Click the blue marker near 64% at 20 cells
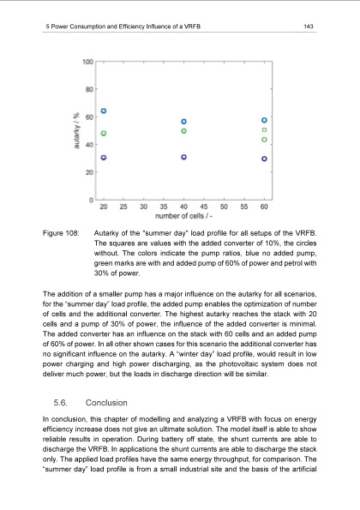[104, 111]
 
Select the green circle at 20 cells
[104, 133]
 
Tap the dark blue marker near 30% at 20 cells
[104, 158]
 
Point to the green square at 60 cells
[265, 130]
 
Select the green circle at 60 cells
[265, 139]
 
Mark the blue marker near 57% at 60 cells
[265, 120]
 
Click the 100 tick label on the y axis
[87, 61]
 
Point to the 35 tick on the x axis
[144, 207]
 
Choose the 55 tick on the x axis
[244, 207]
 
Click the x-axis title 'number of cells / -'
[184, 216]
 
